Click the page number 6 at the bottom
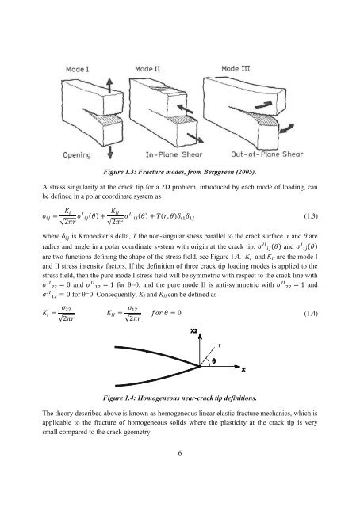tap(181, 475)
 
